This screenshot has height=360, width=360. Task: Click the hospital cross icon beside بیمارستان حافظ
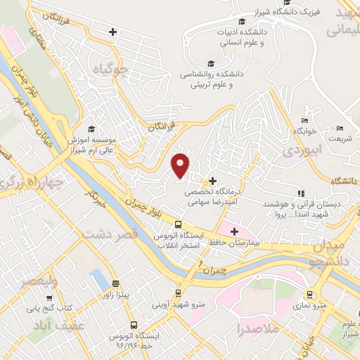click(235, 231)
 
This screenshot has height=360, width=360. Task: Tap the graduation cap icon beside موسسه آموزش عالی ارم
click(91, 129)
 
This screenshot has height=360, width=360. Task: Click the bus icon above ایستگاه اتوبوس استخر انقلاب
click(178, 224)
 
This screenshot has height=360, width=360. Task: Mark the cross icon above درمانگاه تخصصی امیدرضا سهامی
click(212, 181)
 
